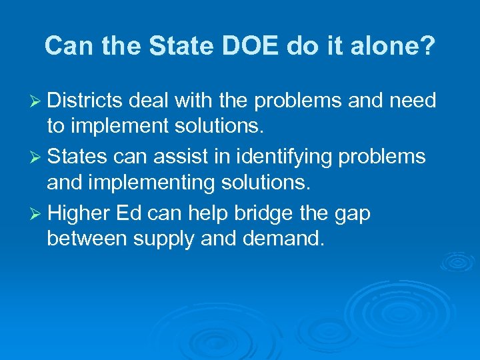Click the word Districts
tap(85, 101)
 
